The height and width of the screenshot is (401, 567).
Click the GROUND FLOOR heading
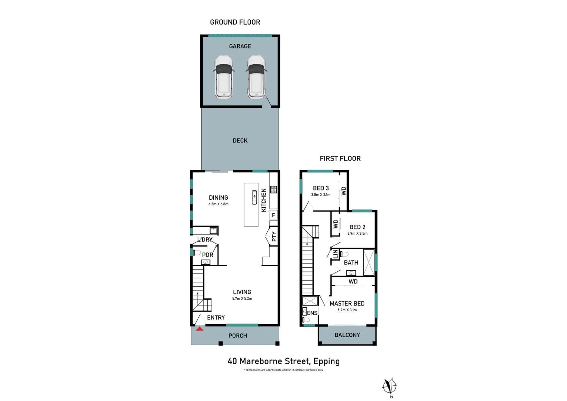(x=235, y=22)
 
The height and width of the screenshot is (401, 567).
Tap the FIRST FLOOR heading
(x=340, y=159)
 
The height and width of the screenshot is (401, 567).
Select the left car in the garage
(x=224, y=77)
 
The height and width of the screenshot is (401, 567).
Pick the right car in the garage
(x=256, y=77)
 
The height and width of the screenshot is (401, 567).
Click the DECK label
(x=240, y=140)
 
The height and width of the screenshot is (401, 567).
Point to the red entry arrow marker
(x=200, y=329)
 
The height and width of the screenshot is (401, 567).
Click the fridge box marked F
(x=273, y=215)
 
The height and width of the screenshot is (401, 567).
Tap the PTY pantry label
(x=274, y=237)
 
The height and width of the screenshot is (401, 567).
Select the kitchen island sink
(x=254, y=197)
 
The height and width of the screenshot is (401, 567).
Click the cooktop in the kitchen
(x=273, y=189)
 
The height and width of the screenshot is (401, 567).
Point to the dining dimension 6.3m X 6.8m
(x=218, y=204)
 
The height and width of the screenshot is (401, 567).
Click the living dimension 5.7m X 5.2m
(x=242, y=299)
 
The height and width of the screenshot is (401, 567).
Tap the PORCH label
(x=238, y=336)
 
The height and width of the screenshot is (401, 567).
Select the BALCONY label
(x=347, y=335)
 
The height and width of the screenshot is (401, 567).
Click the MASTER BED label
(x=347, y=303)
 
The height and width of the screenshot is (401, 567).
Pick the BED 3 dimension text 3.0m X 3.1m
(x=321, y=195)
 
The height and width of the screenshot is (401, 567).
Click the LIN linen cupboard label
(x=335, y=254)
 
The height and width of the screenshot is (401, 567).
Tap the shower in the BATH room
(x=369, y=263)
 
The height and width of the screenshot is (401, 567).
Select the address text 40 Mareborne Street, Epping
(x=283, y=361)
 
